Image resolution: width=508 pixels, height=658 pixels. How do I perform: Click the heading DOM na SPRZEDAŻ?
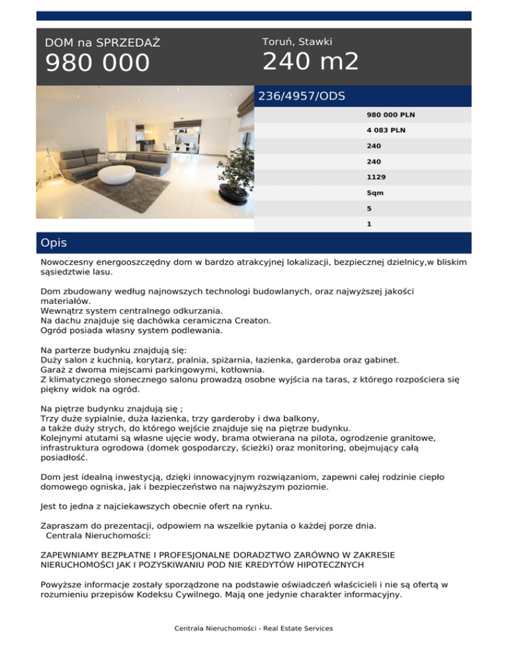(103, 43)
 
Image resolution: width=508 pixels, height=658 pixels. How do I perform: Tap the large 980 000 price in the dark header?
(97, 64)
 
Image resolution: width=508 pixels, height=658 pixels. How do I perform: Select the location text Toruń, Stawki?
(297, 42)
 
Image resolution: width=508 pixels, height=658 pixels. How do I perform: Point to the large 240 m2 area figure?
(310, 62)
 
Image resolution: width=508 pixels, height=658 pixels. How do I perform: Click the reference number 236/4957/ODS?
(302, 96)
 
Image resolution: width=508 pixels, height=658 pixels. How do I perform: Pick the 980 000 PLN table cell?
(386, 115)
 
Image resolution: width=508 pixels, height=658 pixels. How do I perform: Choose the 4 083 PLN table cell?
(386, 130)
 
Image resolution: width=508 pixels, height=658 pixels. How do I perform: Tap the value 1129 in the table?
(376, 177)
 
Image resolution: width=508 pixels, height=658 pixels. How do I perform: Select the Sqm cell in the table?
(375, 193)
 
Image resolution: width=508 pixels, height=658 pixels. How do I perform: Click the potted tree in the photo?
(234, 165)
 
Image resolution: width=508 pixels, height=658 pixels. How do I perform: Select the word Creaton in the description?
(251, 320)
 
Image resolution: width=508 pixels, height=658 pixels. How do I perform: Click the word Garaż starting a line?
(55, 370)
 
